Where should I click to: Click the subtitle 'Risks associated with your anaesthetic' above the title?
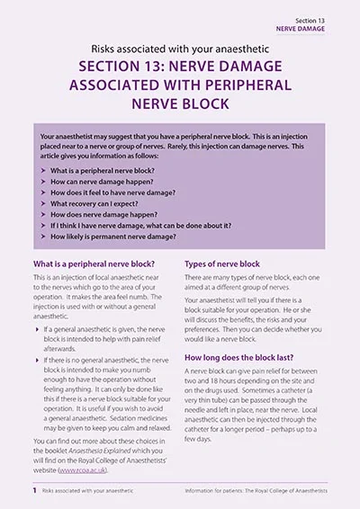179,48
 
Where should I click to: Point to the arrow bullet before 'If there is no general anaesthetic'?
37,360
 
